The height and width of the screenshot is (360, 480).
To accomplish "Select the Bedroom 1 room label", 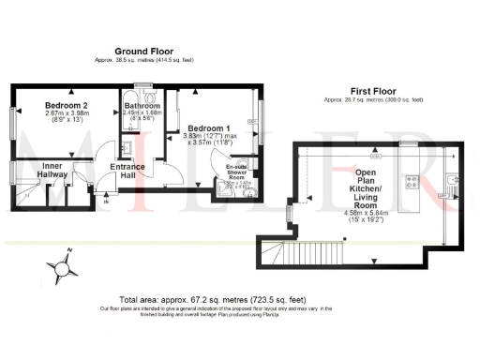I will click(x=205, y=127).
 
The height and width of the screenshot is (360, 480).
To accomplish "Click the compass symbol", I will click(x=63, y=267).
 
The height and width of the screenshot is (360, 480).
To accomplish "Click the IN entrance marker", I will click(x=106, y=201).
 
